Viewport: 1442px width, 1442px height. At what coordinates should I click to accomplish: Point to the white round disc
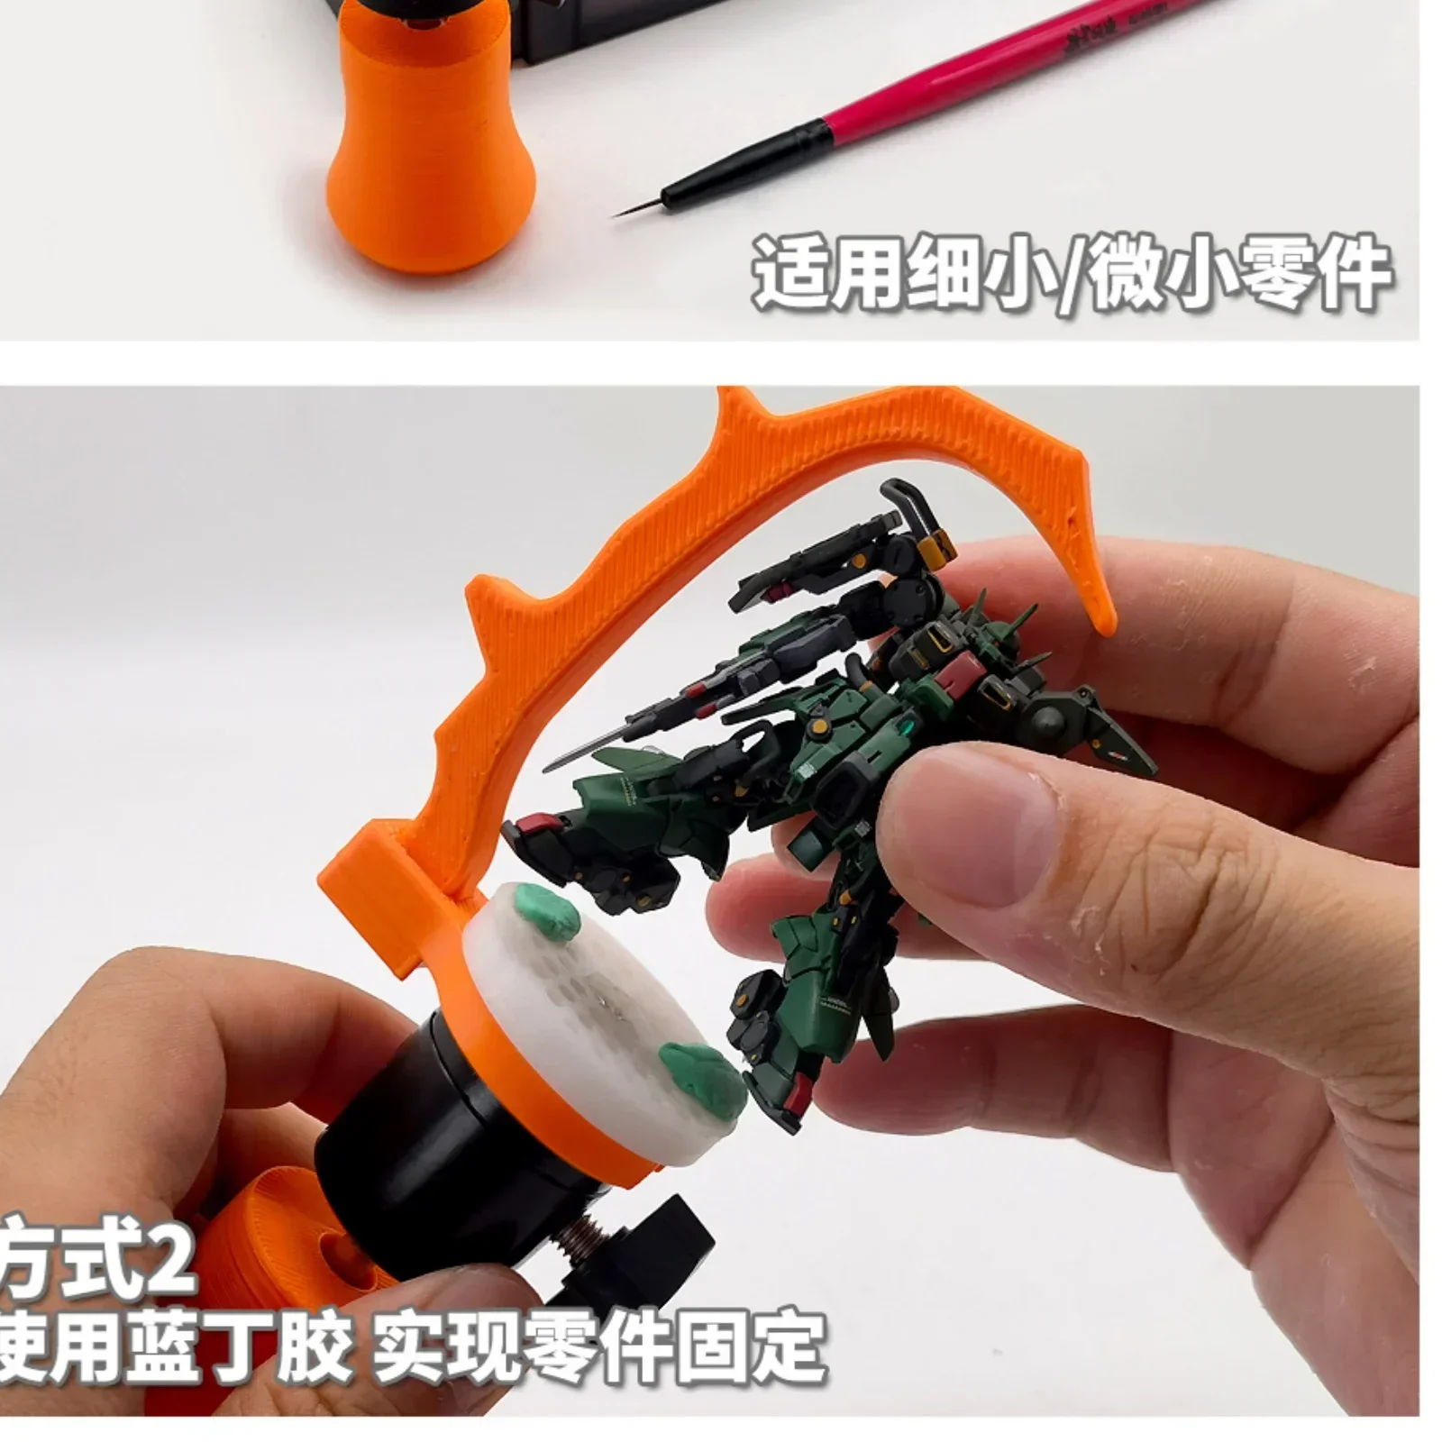[613, 1000]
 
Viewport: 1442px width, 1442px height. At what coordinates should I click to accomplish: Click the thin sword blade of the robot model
[586, 748]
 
